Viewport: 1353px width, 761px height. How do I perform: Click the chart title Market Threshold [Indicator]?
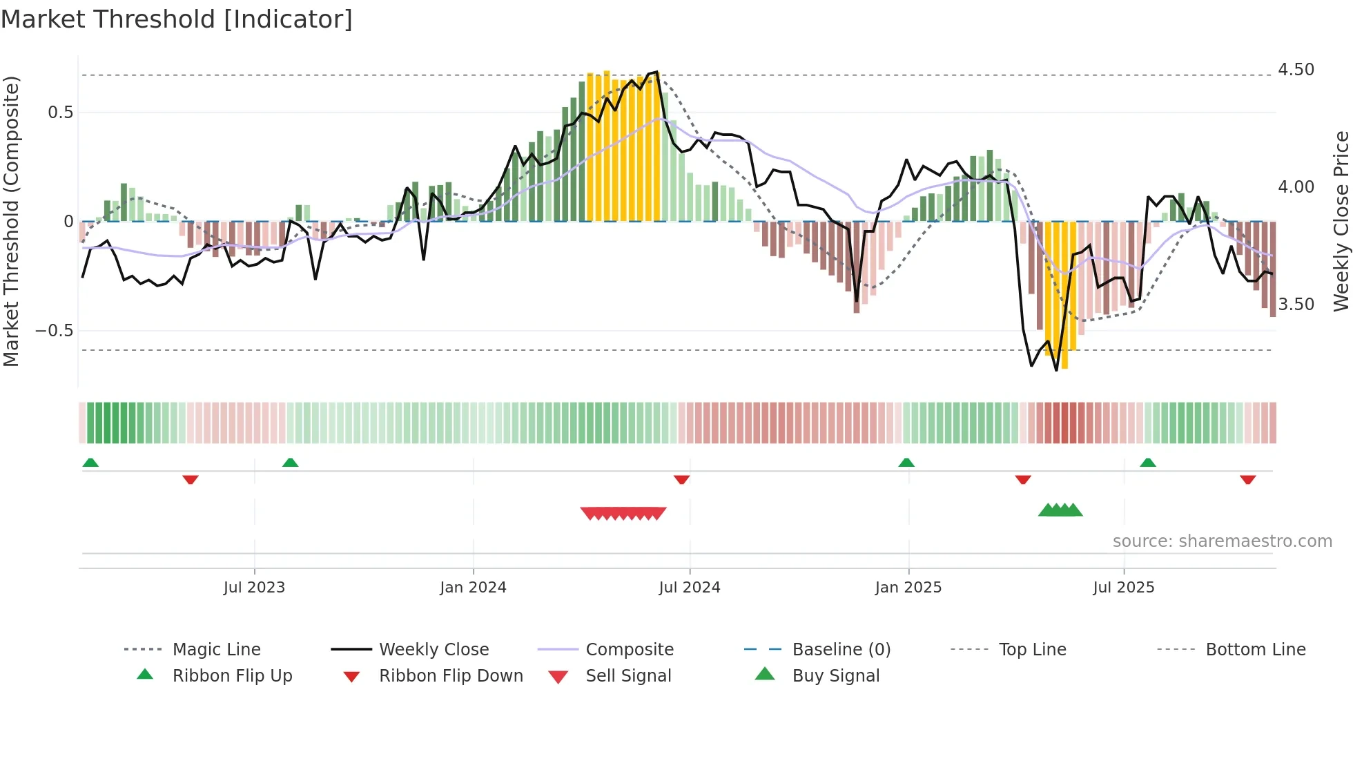(x=177, y=19)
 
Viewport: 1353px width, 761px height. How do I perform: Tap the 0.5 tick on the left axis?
(x=60, y=113)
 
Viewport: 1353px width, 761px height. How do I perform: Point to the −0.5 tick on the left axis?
(x=54, y=331)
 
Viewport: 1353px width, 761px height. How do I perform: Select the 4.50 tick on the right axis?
(x=1296, y=70)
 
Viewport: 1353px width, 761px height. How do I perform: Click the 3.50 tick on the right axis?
(x=1296, y=305)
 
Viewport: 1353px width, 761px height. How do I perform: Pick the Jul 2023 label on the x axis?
(x=254, y=588)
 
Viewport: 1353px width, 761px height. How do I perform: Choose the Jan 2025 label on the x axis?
(x=908, y=588)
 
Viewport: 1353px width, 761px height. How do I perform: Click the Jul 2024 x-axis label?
(x=689, y=588)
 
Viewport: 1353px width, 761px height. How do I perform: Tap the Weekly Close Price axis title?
(x=1341, y=221)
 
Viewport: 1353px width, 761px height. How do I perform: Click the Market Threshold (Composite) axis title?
(x=11, y=221)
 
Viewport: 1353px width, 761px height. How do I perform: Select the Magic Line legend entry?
(x=216, y=650)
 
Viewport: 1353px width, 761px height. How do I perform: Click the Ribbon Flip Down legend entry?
(x=451, y=676)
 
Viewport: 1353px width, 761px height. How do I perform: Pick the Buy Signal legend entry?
(x=835, y=676)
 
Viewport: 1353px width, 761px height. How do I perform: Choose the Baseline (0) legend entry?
(x=841, y=650)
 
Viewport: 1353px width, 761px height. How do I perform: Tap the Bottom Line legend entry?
(x=1255, y=650)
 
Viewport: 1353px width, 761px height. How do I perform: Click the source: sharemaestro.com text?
(x=1222, y=541)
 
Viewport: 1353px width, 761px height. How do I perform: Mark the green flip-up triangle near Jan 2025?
(x=906, y=463)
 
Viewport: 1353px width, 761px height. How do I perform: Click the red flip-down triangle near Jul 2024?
(x=681, y=479)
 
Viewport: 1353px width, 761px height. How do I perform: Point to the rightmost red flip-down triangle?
(x=1247, y=479)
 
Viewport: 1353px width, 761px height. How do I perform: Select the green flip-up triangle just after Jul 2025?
(x=1147, y=463)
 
